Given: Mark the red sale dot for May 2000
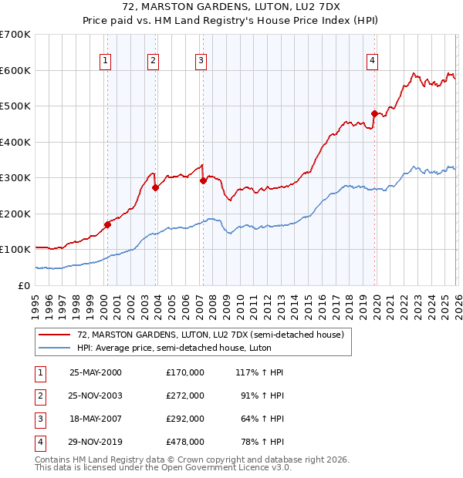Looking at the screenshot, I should pyautogui.click(x=108, y=224).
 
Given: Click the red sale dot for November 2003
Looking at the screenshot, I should pyautogui.click(x=155, y=187).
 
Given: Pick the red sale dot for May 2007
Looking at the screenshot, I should pyautogui.click(x=203, y=180).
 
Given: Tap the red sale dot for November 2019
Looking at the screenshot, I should pyautogui.click(x=374, y=113).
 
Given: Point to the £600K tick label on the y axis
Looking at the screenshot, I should pyautogui.click(x=15, y=70).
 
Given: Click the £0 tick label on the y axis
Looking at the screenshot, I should pyautogui.click(x=25, y=285).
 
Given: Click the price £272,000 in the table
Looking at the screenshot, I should pyautogui.click(x=185, y=395).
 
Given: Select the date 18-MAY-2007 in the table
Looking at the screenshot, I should pyautogui.click(x=96, y=419).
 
